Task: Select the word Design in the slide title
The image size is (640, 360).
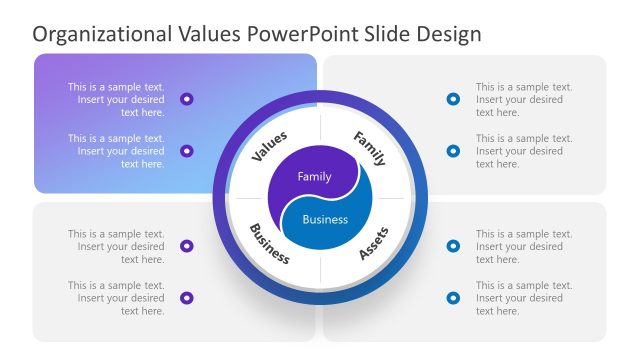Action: pos(446,33)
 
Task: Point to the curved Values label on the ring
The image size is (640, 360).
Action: pos(269,146)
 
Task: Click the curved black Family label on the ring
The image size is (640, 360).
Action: pos(369,147)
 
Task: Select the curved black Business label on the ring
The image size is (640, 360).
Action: pos(269,244)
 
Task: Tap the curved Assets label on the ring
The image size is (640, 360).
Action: pos(373,243)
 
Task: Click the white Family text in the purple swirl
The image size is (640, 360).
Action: pos(314,177)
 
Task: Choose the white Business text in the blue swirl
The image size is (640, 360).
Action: pos(326,219)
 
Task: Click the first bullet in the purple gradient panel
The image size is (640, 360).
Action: pos(187,99)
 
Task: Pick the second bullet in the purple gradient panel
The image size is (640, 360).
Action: pos(187,151)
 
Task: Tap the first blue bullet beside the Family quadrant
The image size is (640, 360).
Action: pos(453,99)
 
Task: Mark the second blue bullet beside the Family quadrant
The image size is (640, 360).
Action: pos(453,151)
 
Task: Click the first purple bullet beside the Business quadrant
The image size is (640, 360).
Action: pos(187,246)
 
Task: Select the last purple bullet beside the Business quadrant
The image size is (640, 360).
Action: pos(187,298)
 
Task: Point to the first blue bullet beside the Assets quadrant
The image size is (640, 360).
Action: pos(453,246)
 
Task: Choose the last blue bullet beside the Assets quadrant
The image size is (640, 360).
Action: pos(453,298)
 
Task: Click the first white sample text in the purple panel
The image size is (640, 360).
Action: pos(116,99)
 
